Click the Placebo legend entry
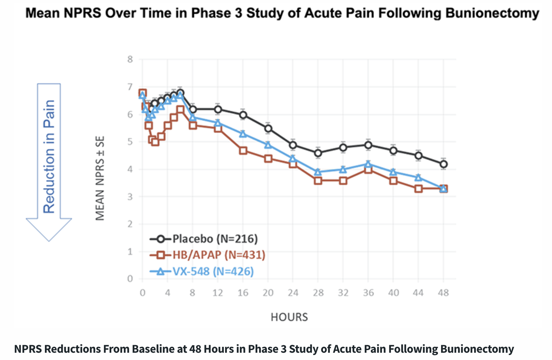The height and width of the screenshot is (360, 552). point(203,239)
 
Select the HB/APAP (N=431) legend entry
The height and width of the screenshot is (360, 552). point(207,255)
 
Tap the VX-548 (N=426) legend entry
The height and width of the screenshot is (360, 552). point(202,271)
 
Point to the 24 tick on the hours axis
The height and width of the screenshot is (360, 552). point(293,293)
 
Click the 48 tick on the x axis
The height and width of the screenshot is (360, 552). point(443,293)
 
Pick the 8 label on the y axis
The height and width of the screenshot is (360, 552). point(130,59)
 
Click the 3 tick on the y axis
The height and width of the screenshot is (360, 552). point(130,197)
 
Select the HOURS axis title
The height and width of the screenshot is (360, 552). point(289,317)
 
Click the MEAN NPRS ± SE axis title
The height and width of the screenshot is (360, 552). point(100,178)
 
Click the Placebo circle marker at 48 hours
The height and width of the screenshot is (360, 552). point(443,164)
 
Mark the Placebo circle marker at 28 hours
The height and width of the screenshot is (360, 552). point(318,153)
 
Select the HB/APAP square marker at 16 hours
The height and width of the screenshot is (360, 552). point(243,151)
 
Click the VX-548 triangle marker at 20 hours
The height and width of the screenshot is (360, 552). point(268,145)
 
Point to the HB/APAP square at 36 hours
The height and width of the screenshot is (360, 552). point(368,170)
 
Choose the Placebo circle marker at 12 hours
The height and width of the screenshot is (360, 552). point(218,109)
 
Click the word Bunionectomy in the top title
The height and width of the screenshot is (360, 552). point(492,13)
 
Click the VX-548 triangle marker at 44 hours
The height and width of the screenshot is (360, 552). point(418,178)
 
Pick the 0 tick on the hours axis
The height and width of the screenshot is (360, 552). point(142,293)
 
